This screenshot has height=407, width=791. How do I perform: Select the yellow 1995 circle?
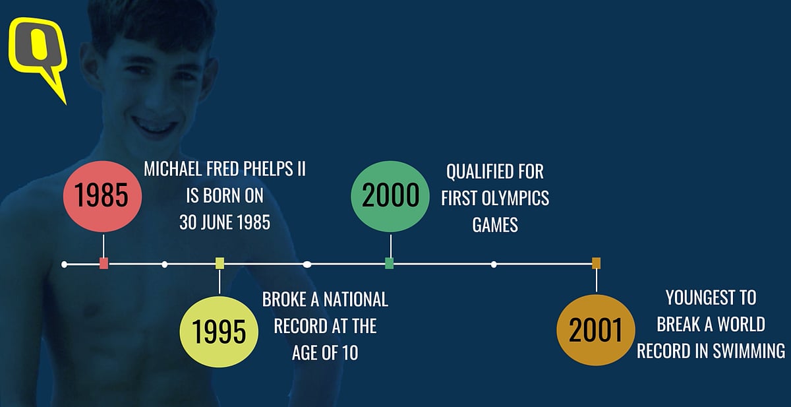(x=220, y=332)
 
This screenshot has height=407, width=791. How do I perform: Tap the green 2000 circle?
(x=390, y=197)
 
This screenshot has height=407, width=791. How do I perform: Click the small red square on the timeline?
(x=103, y=264)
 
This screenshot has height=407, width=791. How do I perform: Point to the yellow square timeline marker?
(x=220, y=264)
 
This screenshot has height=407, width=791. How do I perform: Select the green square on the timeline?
(x=390, y=264)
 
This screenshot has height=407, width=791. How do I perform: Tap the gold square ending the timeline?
(x=596, y=263)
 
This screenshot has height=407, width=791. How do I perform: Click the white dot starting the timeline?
(x=65, y=265)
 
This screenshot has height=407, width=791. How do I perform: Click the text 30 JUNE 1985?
(x=225, y=222)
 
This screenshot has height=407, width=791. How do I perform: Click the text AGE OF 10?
(x=325, y=353)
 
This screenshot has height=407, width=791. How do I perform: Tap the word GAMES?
(x=495, y=224)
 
